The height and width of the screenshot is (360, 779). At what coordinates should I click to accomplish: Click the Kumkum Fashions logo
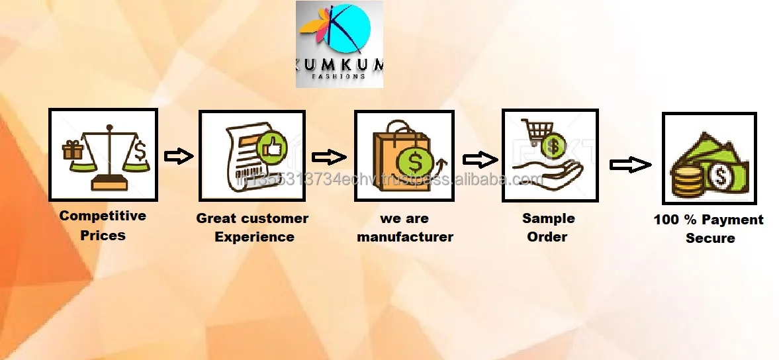coord(339,44)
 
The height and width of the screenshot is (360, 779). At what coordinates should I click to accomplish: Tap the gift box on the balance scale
coord(72,152)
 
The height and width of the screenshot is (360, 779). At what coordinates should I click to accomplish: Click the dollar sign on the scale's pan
coord(140,152)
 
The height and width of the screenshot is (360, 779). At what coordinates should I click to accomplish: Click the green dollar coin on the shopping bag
coord(414,161)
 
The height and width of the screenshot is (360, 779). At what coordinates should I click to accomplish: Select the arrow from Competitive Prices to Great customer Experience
coord(178,156)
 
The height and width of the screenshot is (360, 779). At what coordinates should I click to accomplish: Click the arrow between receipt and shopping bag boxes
coord(329,157)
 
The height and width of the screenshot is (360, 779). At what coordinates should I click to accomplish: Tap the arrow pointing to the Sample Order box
coord(479,159)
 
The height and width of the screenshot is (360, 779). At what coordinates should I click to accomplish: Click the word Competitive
coord(103,216)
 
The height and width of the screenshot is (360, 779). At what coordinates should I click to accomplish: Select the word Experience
coord(254,237)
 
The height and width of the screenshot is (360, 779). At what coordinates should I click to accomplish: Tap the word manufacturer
coord(405,237)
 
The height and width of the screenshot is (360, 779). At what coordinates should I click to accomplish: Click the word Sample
coord(548,218)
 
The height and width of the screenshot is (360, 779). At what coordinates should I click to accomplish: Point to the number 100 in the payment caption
coord(666,220)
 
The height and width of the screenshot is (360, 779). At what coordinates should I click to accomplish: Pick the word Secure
coord(710,238)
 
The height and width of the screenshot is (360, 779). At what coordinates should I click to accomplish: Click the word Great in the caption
coord(216,218)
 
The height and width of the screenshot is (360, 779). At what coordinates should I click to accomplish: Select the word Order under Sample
coord(547,237)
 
